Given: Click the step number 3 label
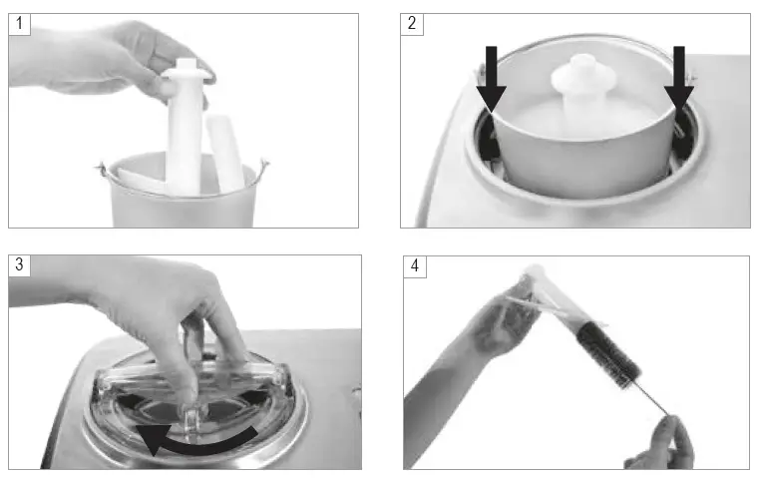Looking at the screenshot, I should click(x=19, y=265).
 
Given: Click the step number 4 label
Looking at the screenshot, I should click(x=414, y=266).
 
